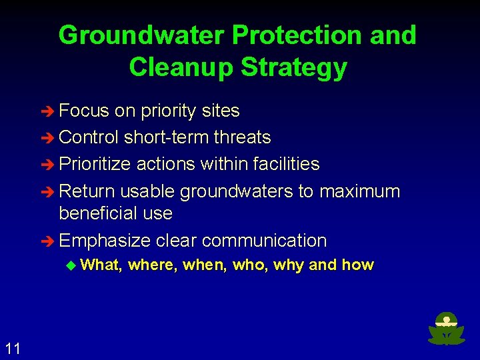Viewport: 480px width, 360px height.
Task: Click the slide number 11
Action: click(13, 348)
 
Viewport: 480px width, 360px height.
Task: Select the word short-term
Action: click(167, 137)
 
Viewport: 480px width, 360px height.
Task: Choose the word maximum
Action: click(359, 191)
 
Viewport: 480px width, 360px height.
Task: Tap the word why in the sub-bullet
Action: click(288, 265)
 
